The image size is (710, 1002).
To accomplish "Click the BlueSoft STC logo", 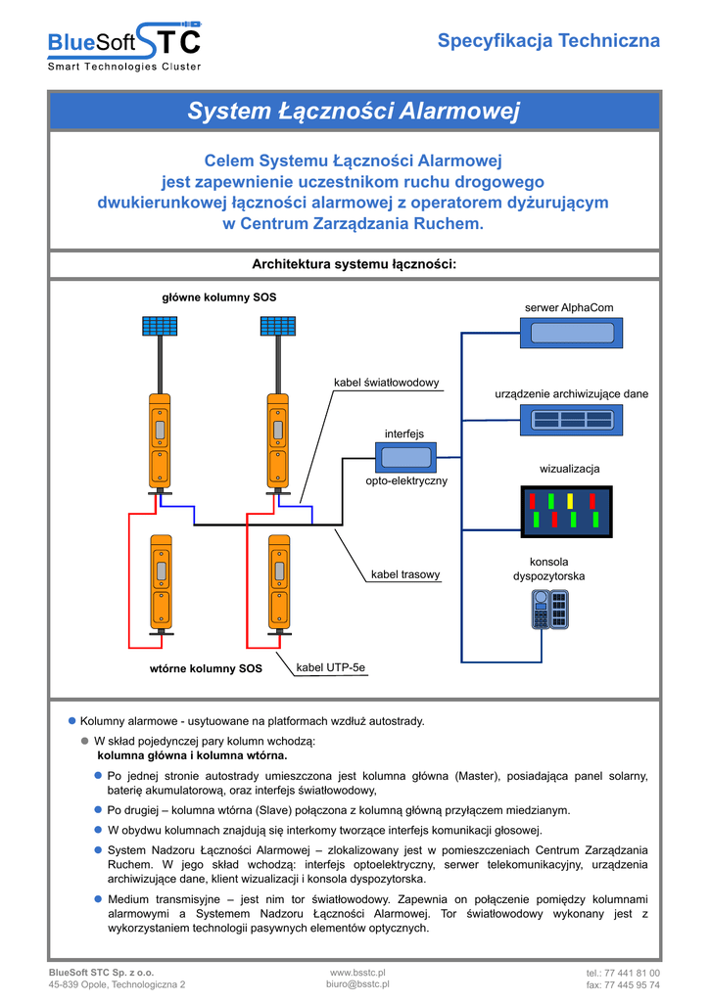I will pos(125,44).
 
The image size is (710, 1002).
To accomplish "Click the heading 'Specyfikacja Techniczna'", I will pos(548,41).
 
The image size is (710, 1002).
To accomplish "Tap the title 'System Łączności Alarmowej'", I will pos(354,112).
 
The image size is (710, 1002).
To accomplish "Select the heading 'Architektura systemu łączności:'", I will pos(355,264).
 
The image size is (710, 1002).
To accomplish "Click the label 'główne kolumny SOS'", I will pos(212,296).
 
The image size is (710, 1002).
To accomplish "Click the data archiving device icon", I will pos(571,420).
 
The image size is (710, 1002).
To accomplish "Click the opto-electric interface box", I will pos(405,457).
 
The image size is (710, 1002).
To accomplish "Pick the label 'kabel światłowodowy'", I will pos(387,382).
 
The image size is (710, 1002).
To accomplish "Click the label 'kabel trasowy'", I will pos(405,574).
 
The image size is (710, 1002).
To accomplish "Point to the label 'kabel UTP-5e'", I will pos(330,667).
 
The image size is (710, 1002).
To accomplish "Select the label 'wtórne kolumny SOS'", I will pos(206,668).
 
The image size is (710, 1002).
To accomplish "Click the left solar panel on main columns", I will pos(158,326).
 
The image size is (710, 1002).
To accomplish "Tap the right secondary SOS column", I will pos(279,581).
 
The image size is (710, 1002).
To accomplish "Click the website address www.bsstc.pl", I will pos(357,973).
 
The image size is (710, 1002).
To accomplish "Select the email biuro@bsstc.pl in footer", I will pos(357,985).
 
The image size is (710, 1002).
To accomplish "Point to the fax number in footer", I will pos(623,985).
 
